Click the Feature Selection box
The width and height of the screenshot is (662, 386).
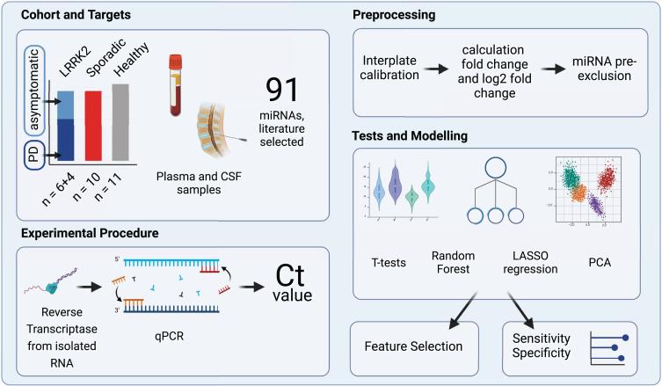point(413,345)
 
